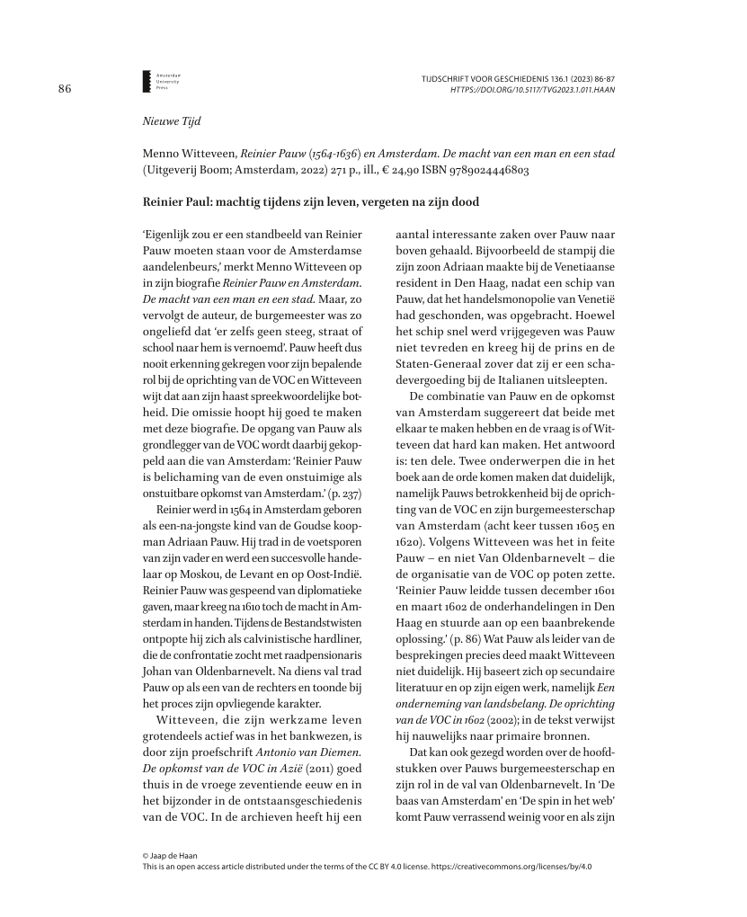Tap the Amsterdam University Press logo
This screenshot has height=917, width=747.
click(147, 81)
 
